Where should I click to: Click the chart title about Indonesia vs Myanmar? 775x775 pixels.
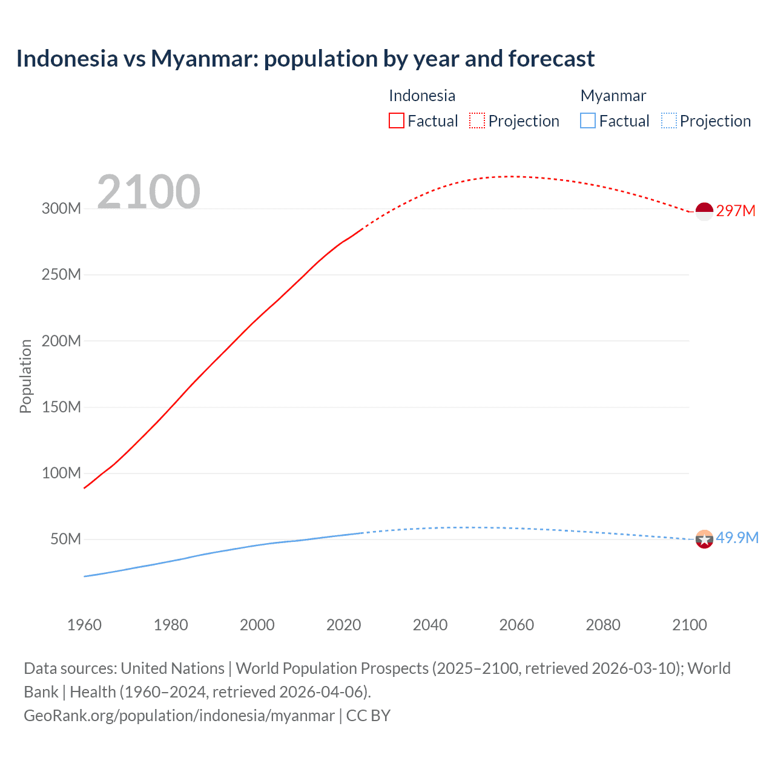coord(305,59)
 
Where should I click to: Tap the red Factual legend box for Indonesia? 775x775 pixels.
coord(396,120)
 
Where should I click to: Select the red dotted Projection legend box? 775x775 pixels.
coord(477,120)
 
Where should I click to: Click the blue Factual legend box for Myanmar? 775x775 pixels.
coord(588,120)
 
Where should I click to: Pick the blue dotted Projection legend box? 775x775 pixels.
coord(668,120)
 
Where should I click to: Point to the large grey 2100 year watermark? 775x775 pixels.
coord(148,192)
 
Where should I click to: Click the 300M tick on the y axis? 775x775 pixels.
coord(61,209)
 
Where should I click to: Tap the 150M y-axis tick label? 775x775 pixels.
coord(61,407)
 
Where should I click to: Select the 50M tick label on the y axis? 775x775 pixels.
coord(65,539)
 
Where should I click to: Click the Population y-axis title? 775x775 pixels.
coord(25,376)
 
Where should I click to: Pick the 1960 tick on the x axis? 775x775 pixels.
coord(84,625)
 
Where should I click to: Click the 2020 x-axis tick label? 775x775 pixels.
coord(343,625)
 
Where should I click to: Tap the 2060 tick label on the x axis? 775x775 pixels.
coord(516,625)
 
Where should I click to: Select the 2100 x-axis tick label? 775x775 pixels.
coord(689,625)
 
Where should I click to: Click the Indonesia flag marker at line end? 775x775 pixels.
coord(704,212)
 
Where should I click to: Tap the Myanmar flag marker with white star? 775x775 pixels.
coord(704,539)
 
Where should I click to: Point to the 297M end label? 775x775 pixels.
coord(736,211)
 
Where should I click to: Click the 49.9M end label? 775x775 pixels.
coord(737,538)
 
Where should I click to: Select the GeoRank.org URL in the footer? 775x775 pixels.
coord(179,716)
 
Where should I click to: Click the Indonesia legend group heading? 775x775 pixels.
coord(422,96)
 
